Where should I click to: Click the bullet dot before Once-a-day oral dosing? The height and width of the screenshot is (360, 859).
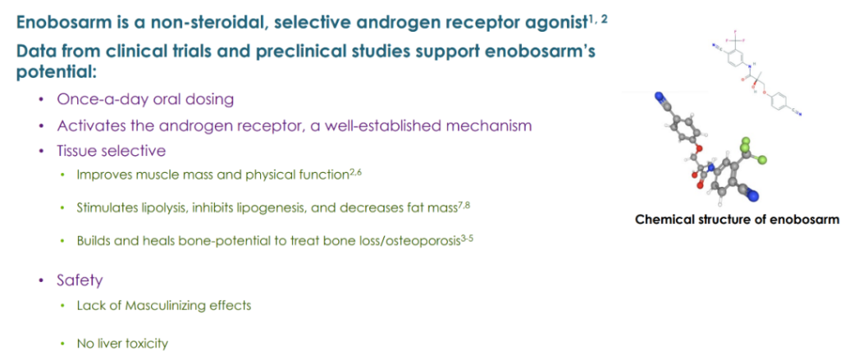41,100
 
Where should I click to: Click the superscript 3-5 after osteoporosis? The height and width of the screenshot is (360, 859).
465,237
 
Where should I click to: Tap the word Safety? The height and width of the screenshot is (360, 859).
80,281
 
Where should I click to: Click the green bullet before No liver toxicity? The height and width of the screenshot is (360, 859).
64,344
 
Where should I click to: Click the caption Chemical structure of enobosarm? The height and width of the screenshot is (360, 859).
737,220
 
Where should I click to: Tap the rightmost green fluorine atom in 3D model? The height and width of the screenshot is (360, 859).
762,160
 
